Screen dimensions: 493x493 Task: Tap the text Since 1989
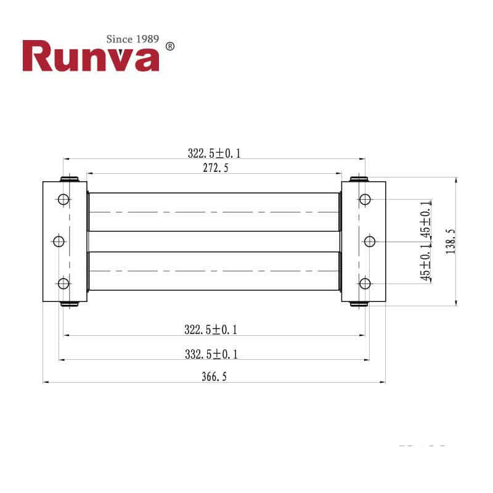pyautogui.click(x=133, y=39)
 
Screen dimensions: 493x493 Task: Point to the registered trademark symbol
pyautogui.click(x=171, y=46)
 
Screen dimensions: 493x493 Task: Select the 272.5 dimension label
pyautogui.click(x=214, y=168)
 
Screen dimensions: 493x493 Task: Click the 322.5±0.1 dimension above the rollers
pyautogui.click(x=214, y=153)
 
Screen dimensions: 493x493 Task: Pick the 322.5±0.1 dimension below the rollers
pyautogui.click(x=211, y=330)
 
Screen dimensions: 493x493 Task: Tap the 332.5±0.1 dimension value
pyautogui.click(x=211, y=354)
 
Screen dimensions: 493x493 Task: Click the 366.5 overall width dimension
pyautogui.click(x=214, y=377)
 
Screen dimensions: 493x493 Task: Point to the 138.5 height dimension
pyautogui.click(x=450, y=241)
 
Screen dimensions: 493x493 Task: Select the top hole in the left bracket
pyautogui.click(x=63, y=200)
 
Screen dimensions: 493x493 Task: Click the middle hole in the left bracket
pyautogui.click(x=59, y=241)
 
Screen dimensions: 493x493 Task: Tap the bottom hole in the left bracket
pyautogui.click(x=63, y=283)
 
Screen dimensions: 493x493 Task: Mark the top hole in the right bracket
pyautogui.click(x=365, y=200)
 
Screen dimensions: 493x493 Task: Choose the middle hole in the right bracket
pyautogui.click(x=370, y=241)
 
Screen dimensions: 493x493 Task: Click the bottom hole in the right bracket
pyautogui.click(x=365, y=283)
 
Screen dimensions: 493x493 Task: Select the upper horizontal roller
pyautogui.click(x=214, y=212)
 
